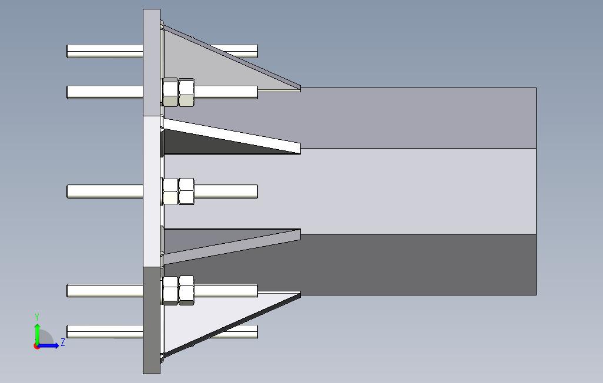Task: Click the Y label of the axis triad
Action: click(x=37, y=317)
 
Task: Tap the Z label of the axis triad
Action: click(x=63, y=342)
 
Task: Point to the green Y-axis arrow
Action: click(x=37, y=332)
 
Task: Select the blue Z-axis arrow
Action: click(x=50, y=345)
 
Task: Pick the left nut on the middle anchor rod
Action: click(x=170, y=192)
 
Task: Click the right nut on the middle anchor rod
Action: click(x=186, y=192)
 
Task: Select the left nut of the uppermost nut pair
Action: click(x=170, y=92)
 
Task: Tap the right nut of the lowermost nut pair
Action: click(x=186, y=291)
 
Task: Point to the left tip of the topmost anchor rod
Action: click(x=69, y=51)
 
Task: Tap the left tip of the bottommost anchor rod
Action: click(x=69, y=332)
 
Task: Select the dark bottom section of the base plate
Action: click(x=152, y=320)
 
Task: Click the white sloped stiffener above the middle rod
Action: click(x=235, y=136)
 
